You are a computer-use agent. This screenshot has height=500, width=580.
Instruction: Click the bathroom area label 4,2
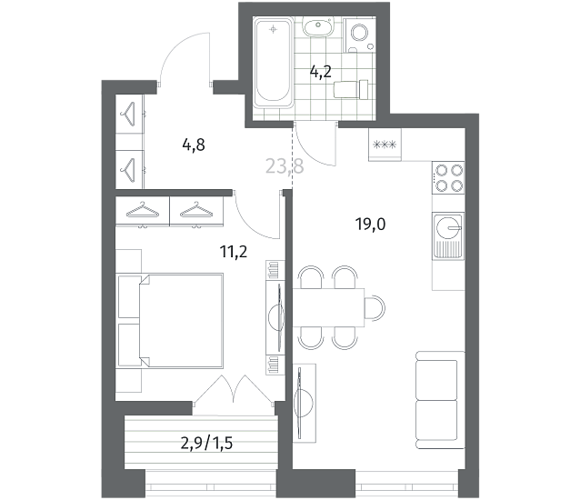point(320,72)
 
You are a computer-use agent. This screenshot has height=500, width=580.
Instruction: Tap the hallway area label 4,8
point(194,145)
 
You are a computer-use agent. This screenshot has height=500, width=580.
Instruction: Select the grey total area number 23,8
point(285,166)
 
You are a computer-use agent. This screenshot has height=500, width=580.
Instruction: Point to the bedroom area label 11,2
point(234,252)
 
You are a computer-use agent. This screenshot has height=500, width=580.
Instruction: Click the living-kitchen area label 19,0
point(370,225)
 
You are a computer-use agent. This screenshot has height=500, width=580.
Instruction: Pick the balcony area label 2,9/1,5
point(206,443)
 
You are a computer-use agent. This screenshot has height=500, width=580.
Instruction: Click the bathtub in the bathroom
point(274,63)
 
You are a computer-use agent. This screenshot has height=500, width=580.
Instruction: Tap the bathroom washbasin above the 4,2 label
point(318,26)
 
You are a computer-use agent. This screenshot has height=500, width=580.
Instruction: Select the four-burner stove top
point(448,177)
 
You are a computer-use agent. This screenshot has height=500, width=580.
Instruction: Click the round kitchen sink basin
point(448,226)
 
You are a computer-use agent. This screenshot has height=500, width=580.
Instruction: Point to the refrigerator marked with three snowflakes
point(385,145)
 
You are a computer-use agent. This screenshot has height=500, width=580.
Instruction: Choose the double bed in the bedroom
point(171,321)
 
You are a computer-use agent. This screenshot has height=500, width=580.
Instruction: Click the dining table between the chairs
point(328,307)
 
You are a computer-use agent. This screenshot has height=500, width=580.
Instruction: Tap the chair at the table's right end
point(375,307)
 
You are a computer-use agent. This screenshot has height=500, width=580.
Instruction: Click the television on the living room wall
point(300,403)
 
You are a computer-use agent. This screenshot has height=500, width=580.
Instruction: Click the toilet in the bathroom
point(351,89)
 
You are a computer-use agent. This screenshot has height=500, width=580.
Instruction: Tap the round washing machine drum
point(359,33)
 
